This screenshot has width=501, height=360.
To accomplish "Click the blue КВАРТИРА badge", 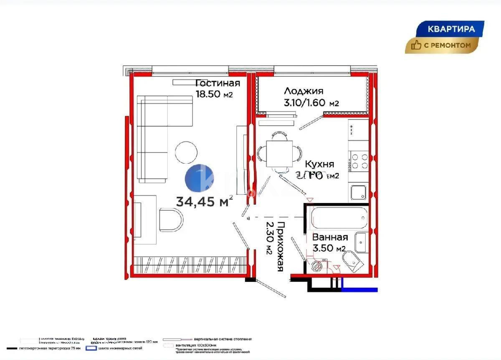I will [x=451, y=29].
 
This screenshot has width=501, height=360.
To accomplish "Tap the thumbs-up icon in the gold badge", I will [x=416, y=45].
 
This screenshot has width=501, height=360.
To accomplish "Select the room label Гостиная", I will [x=218, y=82].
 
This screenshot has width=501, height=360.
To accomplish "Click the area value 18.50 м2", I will [x=214, y=94].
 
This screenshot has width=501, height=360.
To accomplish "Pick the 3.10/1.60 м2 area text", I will [x=311, y=103].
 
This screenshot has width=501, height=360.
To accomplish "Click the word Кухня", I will [x=319, y=164].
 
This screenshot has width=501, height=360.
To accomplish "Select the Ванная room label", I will [x=330, y=237].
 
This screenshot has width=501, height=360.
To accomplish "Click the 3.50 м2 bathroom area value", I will [x=329, y=248].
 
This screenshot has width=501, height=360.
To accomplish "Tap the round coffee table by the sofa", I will [x=186, y=152].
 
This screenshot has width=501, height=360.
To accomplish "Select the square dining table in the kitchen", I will [x=278, y=153].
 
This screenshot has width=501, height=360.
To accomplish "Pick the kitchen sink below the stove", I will [x=359, y=193].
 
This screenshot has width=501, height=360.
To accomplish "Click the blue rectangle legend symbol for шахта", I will [x=91, y=348].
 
